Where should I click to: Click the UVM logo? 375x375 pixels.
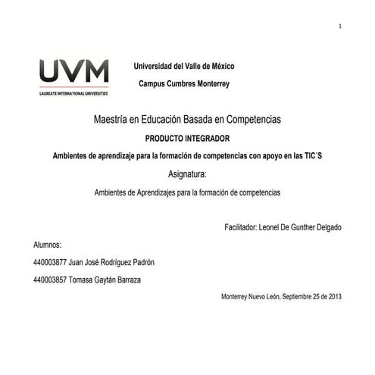tap(73, 73)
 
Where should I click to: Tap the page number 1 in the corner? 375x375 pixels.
tap(340, 27)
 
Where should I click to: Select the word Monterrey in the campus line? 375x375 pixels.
tap(211, 83)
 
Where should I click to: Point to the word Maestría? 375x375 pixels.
tap(111, 120)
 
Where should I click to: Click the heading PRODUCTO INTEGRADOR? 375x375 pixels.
tap(186, 138)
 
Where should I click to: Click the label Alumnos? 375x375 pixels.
tap(47, 245)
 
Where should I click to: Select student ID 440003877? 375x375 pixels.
tap(49, 263)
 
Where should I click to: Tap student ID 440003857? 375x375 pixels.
tap(49, 280)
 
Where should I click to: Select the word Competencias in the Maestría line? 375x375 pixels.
tap(250, 120)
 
